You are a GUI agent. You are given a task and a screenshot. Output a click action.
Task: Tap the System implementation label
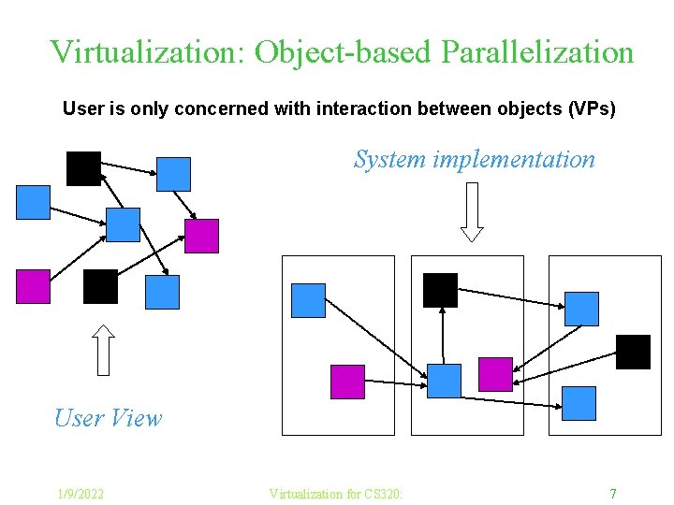(x=474, y=159)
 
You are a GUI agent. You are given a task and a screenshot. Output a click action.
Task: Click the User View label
(x=108, y=418)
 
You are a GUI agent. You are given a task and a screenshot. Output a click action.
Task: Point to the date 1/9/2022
(x=80, y=493)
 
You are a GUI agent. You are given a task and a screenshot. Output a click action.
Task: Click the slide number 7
(x=612, y=493)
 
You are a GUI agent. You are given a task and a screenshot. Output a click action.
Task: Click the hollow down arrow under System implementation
(x=473, y=211)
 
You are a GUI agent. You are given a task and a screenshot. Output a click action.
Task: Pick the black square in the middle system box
(x=440, y=290)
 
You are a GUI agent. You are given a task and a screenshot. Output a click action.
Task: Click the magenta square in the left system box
(x=347, y=382)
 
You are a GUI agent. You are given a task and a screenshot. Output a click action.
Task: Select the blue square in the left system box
(x=309, y=300)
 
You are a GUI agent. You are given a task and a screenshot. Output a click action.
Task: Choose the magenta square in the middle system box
(x=495, y=374)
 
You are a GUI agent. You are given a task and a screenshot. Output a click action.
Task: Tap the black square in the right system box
(x=633, y=352)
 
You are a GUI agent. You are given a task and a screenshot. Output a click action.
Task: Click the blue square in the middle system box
(x=444, y=381)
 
